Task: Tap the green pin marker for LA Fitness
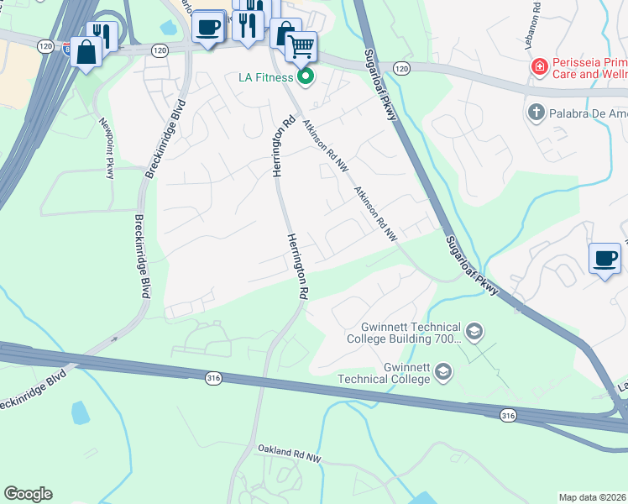click(306, 78)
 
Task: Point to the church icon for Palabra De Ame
click(535, 112)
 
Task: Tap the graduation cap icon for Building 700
click(474, 332)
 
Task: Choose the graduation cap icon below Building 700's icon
click(443, 370)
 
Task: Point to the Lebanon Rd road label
click(535, 16)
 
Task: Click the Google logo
click(28, 493)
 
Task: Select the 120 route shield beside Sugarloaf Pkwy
click(403, 67)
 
